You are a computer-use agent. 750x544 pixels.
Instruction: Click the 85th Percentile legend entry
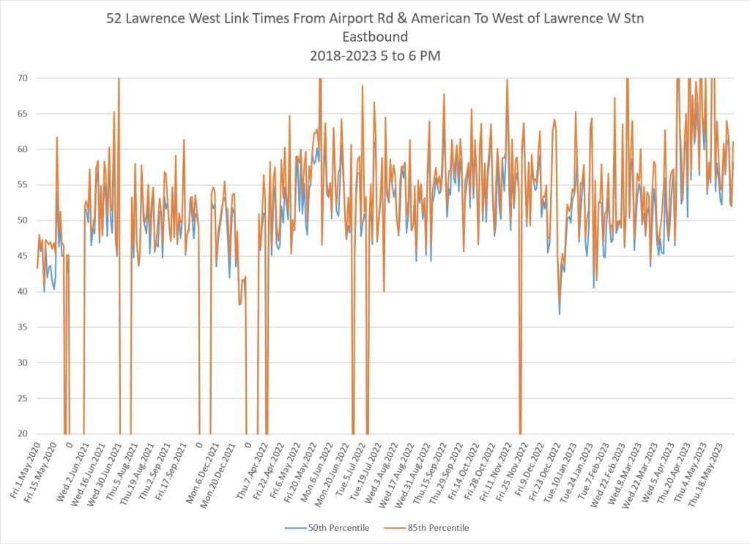pos(438,527)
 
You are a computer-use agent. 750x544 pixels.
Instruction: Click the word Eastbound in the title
pos(374,36)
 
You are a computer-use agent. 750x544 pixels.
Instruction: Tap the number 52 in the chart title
pos(116,17)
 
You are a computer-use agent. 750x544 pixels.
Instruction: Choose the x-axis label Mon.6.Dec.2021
pos(204,469)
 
